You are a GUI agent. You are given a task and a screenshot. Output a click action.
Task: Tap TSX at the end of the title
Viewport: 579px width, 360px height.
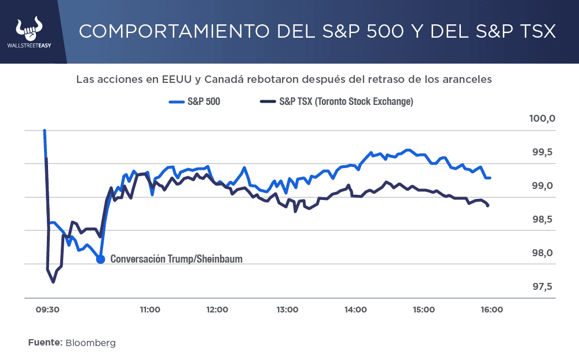pyautogui.click(x=533, y=31)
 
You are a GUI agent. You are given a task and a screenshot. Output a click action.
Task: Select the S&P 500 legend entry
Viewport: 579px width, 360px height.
pyautogui.click(x=195, y=101)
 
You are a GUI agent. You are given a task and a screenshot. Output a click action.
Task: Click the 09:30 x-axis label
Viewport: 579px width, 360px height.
pyautogui.click(x=47, y=310)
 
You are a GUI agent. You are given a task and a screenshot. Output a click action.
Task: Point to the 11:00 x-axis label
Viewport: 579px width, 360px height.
pyautogui.click(x=150, y=310)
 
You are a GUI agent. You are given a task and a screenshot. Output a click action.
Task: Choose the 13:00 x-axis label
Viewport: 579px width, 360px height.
pyautogui.click(x=287, y=310)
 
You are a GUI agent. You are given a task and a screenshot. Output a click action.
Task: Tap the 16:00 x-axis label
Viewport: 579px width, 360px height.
pyautogui.click(x=492, y=310)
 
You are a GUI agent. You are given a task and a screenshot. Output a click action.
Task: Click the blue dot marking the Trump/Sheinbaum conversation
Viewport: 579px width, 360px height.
pyautogui.click(x=100, y=259)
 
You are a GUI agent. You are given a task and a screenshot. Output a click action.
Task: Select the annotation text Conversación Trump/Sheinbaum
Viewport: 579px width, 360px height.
pyautogui.click(x=176, y=259)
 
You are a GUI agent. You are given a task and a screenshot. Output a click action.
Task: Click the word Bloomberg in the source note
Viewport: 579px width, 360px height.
pyautogui.click(x=90, y=343)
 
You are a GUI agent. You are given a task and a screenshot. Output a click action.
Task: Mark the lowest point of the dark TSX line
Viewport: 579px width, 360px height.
pyautogui.click(x=53, y=282)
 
